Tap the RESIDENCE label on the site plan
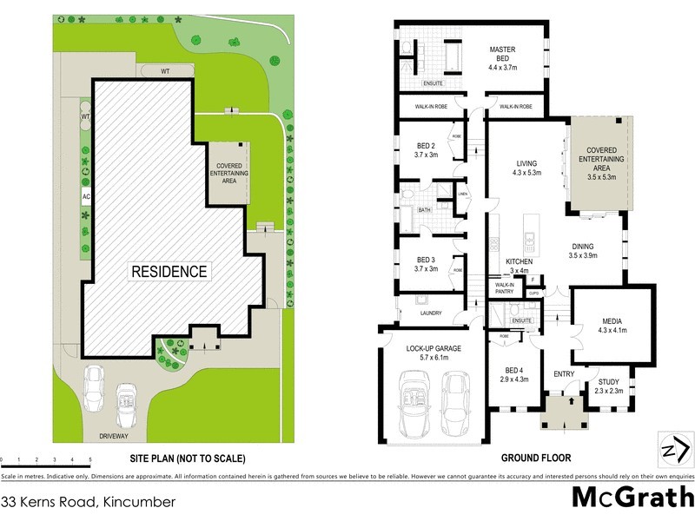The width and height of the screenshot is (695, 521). (169, 272)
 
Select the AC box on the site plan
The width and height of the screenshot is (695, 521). (86, 197)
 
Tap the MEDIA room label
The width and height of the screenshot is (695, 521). (612, 326)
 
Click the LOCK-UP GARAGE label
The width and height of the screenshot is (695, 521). (433, 352)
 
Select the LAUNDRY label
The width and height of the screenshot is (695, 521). (430, 313)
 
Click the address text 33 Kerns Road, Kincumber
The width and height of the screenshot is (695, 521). (89, 502)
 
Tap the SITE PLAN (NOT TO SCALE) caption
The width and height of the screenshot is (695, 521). (188, 458)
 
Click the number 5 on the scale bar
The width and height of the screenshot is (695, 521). (90, 459)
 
